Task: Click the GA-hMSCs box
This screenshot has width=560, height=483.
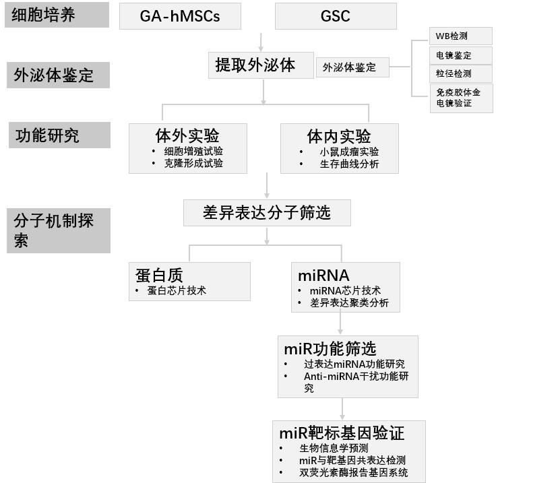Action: [x=180, y=16]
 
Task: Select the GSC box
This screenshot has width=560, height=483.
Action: [x=335, y=16]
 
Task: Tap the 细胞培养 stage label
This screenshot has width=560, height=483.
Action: [x=57, y=15]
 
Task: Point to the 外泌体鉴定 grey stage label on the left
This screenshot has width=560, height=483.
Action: [x=58, y=75]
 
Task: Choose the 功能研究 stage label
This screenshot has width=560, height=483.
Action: [x=58, y=135]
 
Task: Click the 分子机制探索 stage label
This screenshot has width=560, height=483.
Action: [x=58, y=230]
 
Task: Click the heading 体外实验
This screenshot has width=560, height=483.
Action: [x=187, y=135]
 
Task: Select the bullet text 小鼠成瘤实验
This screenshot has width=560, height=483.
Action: [x=349, y=152]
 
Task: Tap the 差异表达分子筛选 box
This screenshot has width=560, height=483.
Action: [x=267, y=213]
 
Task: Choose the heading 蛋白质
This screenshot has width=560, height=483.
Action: [x=159, y=274]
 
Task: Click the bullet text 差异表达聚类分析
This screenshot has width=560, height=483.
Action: [x=349, y=303]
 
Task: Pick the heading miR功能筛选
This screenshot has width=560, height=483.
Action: [x=330, y=348]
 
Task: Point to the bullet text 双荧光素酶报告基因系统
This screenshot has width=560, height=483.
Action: [x=353, y=473]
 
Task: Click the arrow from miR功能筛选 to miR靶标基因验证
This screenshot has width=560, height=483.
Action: [x=342, y=409]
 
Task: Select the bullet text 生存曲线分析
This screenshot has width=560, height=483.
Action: [x=349, y=164]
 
